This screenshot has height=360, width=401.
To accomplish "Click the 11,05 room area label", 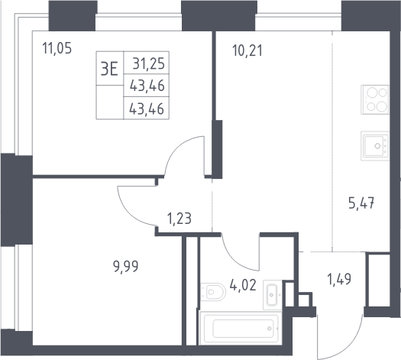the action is click(x=57, y=48).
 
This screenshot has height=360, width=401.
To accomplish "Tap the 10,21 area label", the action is click(x=247, y=50).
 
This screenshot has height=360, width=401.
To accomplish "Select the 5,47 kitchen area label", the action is click(x=361, y=203).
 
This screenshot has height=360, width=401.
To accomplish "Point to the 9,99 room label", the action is click(x=125, y=267).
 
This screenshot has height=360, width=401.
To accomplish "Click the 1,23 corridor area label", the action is click(x=179, y=219).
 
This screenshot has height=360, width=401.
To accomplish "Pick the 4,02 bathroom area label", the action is click(x=243, y=285).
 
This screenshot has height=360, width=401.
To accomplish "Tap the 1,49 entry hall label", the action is click(x=339, y=279).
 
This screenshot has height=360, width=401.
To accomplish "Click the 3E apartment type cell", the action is click(x=109, y=69).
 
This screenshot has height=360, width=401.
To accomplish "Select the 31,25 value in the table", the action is click(x=149, y=63).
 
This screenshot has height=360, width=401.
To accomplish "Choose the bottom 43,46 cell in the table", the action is click(x=147, y=109).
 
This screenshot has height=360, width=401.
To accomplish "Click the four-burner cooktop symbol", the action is click(x=375, y=99).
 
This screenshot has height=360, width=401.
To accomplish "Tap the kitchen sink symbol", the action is click(x=375, y=146).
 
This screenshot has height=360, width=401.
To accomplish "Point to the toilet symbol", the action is click(x=213, y=292).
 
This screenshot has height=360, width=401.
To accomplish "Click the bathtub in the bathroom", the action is click(x=241, y=328).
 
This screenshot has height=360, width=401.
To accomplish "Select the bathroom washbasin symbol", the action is click(x=273, y=295).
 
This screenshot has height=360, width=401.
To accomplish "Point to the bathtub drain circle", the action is click(x=270, y=329).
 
